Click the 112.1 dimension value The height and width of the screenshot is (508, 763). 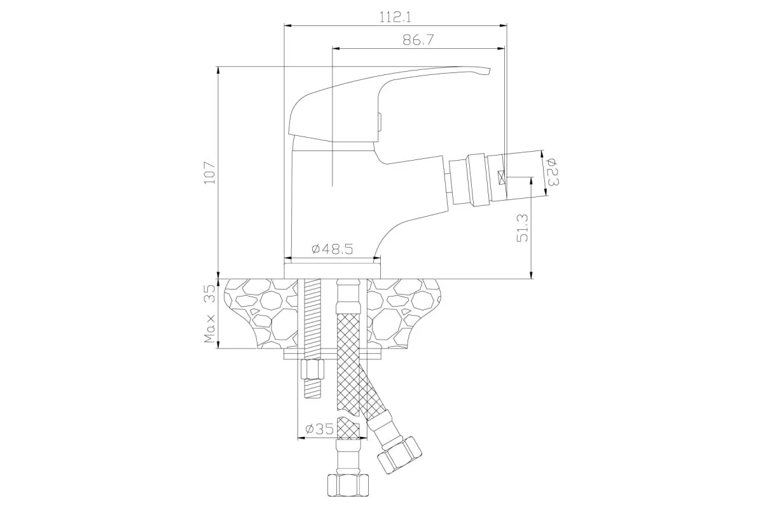395,17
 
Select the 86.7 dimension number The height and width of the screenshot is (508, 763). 418,40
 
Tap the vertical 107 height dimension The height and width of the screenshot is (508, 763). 210,173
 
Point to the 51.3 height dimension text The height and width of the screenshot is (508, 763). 522,227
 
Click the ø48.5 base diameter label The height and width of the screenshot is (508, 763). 332,249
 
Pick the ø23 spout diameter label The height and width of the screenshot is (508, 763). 553,172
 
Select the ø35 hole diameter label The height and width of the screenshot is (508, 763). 319,429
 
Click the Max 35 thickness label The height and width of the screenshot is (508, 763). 210,314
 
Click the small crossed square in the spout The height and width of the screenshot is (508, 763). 501,178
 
